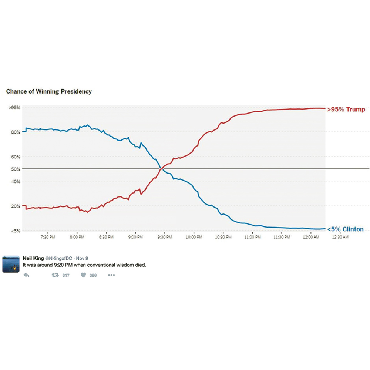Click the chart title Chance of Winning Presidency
[49, 91]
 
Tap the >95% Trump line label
[346, 110]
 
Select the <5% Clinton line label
[345, 229]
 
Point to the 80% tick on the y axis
[15, 132]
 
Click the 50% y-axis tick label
[15, 169]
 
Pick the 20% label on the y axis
[15, 206]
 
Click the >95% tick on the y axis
[14, 108]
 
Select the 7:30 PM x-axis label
[48, 237]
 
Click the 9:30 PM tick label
[164, 237]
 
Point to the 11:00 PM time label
[252, 237]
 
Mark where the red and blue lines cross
[161, 169]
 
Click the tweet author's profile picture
[11, 264]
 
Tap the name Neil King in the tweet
[33, 258]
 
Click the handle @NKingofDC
[58, 258]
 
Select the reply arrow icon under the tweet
[26, 275]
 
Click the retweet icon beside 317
[55, 275]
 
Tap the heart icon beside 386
[83, 275]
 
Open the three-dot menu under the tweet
[111, 275]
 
